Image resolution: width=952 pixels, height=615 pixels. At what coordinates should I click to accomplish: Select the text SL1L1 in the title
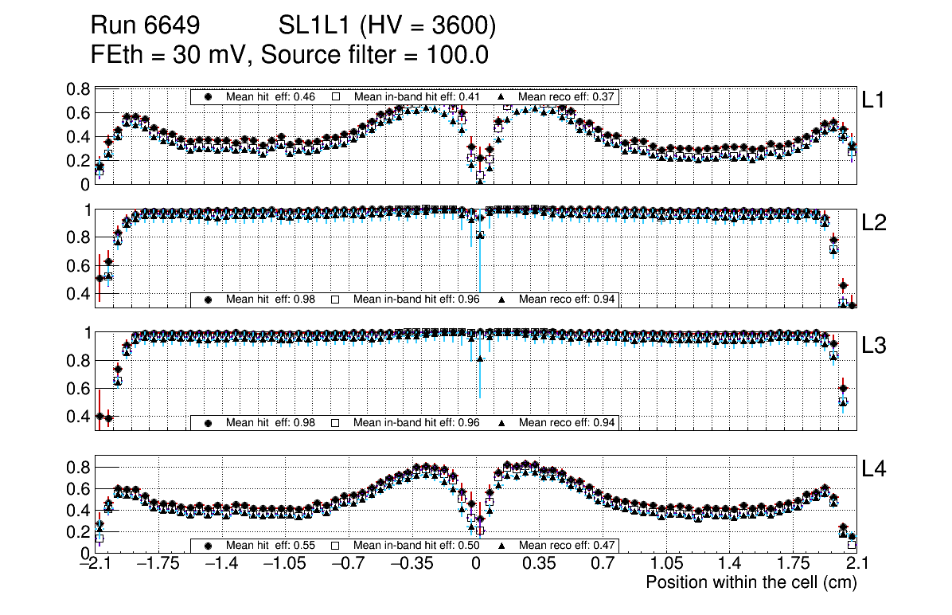click(314, 26)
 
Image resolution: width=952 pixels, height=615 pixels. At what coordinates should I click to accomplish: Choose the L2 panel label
click(875, 223)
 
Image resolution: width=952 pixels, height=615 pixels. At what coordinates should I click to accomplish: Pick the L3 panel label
click(875, 346)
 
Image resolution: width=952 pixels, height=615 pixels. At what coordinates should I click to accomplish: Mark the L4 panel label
click(875, 469)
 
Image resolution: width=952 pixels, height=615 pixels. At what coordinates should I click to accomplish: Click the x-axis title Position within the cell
click(751, 582)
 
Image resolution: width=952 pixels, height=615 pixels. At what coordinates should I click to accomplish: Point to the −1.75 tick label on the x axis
click(158, 564)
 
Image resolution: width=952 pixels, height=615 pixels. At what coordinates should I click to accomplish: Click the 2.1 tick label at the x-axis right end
click(856, 564)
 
